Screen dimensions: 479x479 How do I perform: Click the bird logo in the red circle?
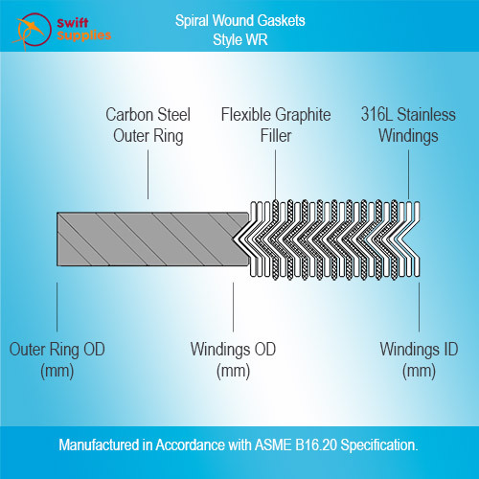pos(32,31)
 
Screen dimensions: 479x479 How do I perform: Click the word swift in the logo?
pos(73,23)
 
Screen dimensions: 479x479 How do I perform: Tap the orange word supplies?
pos(84,35)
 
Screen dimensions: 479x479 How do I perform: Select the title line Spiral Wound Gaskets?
pos(240,21)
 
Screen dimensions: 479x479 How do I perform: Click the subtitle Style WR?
pos(240,40)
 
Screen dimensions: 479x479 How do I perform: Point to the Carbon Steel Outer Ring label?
pos(148,125)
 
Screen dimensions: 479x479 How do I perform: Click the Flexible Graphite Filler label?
pos(276,125)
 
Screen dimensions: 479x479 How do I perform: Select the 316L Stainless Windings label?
pos(408,125)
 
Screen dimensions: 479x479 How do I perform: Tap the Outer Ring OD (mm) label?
pos(57,360)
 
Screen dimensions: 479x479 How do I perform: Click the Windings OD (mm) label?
pos(233,360)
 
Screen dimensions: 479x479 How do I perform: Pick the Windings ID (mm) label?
pos(419,360)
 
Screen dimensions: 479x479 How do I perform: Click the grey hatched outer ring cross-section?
pos(152,239)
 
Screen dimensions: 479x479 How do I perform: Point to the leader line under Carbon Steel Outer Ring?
pos(148,174)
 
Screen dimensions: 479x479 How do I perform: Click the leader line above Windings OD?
pos(233,307)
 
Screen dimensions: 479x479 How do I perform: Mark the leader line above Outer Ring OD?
pos(57,307)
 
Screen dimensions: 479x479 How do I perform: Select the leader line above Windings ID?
pos(419,307)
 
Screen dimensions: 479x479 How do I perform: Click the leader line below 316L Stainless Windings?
pos(409,174)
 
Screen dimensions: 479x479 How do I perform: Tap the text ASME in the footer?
pos(273,445)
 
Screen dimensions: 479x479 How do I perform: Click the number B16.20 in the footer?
pos(316,445)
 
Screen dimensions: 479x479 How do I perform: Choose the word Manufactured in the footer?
pos(101,445)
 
